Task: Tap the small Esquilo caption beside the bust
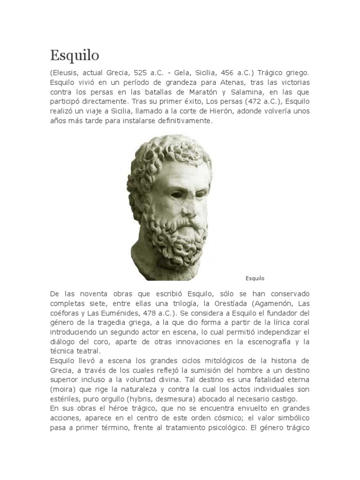[x=255, y=278]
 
